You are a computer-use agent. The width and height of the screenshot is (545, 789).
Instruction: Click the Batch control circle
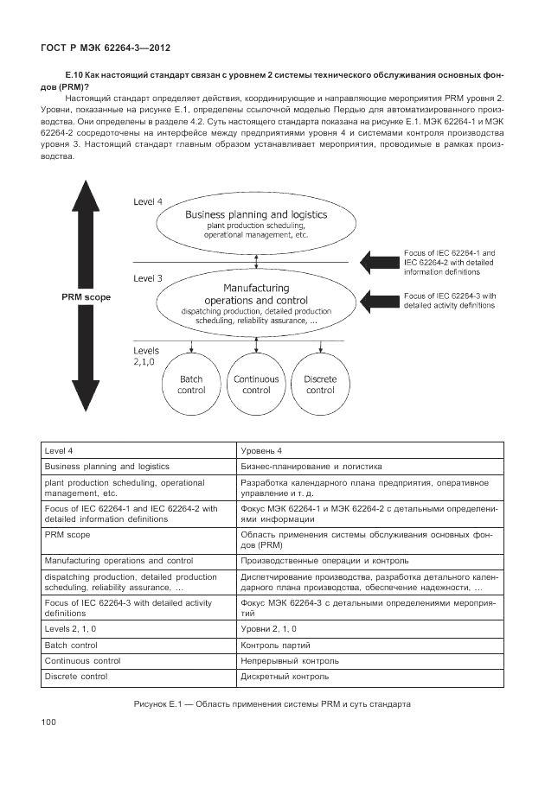point(191,385)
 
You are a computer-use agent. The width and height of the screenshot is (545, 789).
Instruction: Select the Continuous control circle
point(256,385)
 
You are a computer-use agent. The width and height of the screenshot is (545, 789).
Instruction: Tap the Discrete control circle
point(320,385)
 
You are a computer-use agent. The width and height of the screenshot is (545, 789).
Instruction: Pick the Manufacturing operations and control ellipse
point(256,302)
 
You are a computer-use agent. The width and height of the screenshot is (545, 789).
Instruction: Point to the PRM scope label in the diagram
point(86,296)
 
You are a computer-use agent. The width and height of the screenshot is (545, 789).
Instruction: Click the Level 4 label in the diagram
point(148,201)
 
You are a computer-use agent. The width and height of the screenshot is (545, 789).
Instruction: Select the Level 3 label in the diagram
point(148,278)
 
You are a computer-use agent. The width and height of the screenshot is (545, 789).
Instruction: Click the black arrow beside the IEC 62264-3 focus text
point(378,301)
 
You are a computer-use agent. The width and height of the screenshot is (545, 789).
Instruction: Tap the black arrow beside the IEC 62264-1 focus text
point(378,261)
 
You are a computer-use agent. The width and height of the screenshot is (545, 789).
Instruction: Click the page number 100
point(48,722)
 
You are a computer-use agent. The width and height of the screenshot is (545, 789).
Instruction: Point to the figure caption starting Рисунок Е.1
point(272,703)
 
